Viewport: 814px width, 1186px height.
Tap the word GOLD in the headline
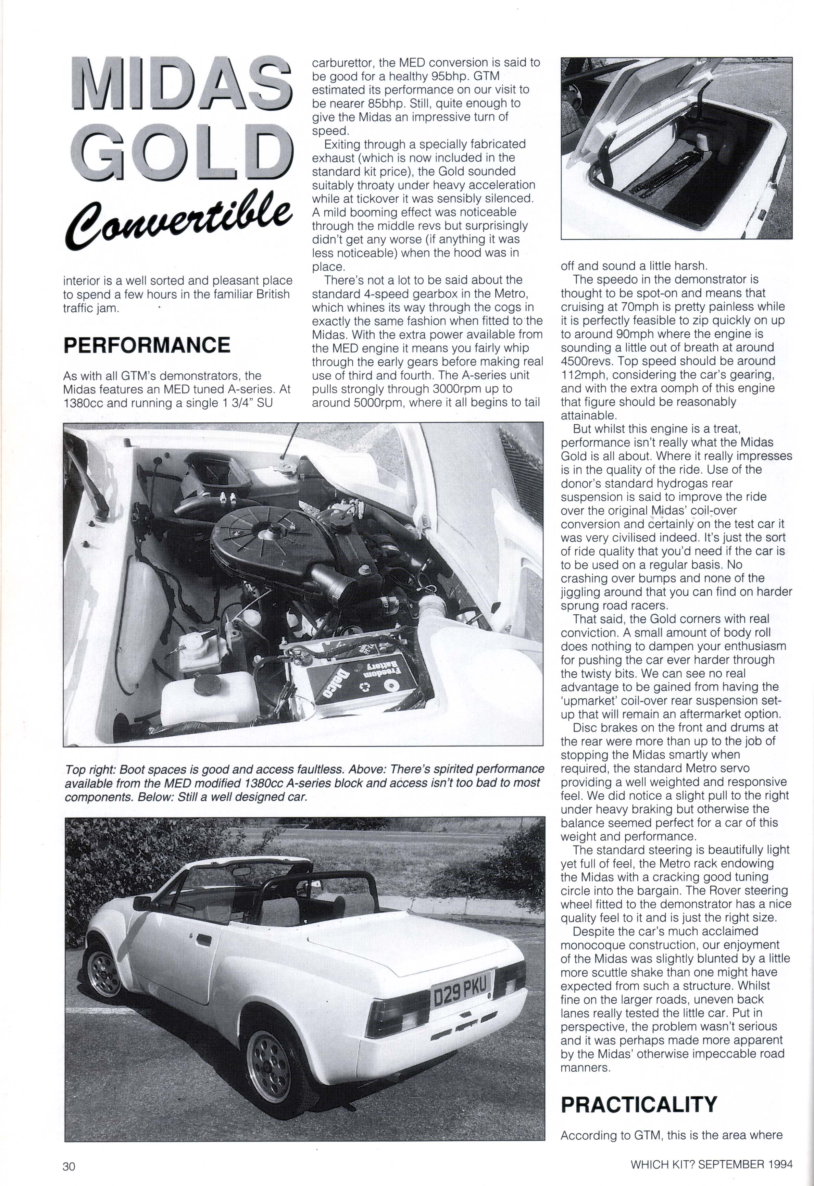coord(181,152)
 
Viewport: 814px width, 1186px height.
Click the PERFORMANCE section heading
coord(147,346)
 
